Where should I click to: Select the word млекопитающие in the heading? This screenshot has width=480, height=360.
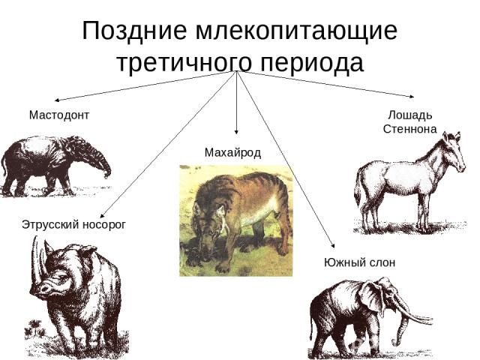pyautogui.click(x=296, y=31)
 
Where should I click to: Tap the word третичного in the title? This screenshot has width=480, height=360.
pyautogui.click(x=184, y=64)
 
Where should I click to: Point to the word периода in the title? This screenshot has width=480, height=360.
pyautogui.click(x=312, y=64)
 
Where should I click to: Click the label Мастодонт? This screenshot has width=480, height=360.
pyautogui.click(x=59, y=115)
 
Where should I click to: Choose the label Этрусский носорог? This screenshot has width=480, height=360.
pyautogui.click(x=73, y=225)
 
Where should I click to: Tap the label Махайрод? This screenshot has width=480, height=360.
pyautogui.click(x=232, y=152)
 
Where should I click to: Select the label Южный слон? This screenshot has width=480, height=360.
pyautogui.click(x=360, y=262)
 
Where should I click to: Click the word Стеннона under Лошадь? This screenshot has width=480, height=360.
pyautogui.click(x=410, y=129)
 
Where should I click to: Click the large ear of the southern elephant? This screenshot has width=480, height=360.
pyautogui.click(x=371, y=298)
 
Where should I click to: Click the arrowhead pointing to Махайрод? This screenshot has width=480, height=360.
pyautogui.click(x=236, y=132)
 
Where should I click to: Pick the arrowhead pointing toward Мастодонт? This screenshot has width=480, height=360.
pyautogui.click(x=57, y=100)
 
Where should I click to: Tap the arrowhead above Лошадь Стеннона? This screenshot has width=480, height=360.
pyautogui.click(x=412, y=97)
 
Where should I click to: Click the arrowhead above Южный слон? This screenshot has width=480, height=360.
pyautogui.click(x=333, y=245)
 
